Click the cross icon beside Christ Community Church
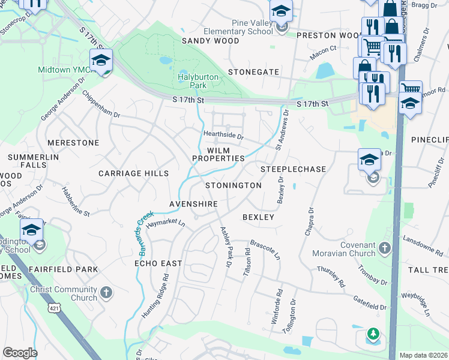pyautogui.click(x=106, y=293)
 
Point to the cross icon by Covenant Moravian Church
pyautogui.click(x=385, y=247)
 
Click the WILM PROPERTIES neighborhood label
pyautogui.click(x=218, y=154)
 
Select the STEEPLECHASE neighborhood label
pyautogui.click(x=293, y=170)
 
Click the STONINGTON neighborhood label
pyautogui.click(x=233, y=186)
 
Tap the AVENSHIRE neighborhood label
pyautogui.click(x=193, y=204)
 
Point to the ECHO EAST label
pyautogui.click(x=158, y=263)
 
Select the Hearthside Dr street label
pyautogui.click(x=223, y=136)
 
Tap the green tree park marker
pyautogui.click(x=373, y=334)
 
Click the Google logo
pyautogui.click(x=20, y=352)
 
